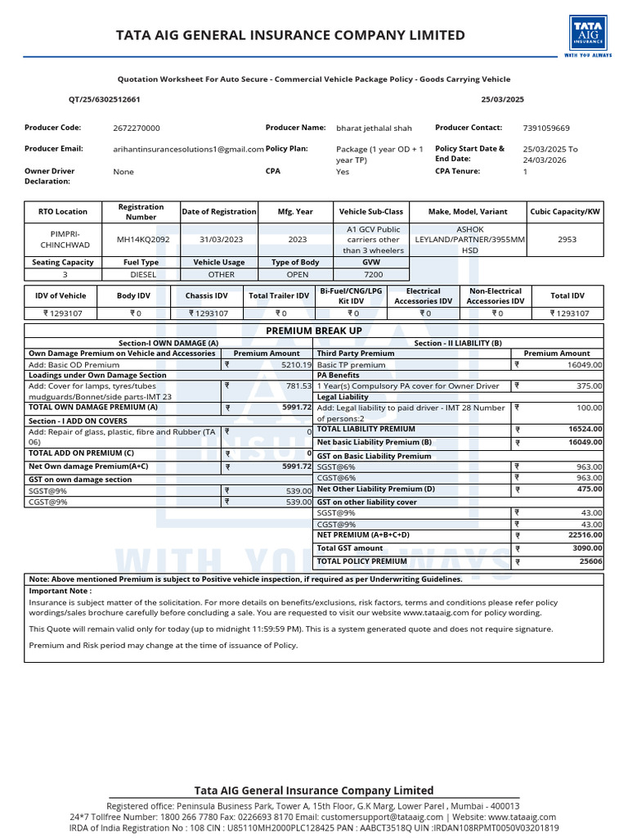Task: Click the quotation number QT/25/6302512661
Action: coord(104,99)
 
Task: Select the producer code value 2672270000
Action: coord(137,128)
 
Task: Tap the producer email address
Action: coord(188,149)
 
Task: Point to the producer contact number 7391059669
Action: coord(546,128)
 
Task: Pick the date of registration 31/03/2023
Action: coord(219,239)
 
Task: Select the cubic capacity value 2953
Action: coord(567,239)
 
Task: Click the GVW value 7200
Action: coord(373,275)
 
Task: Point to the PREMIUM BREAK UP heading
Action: coord(314,331)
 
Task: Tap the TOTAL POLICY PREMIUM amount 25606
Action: coord(591,561)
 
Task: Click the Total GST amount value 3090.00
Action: coord(586,548)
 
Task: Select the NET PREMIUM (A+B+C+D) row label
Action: coord(363,534)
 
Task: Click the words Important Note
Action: coord(61,590)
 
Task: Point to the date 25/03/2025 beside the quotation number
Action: coord(503,99)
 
